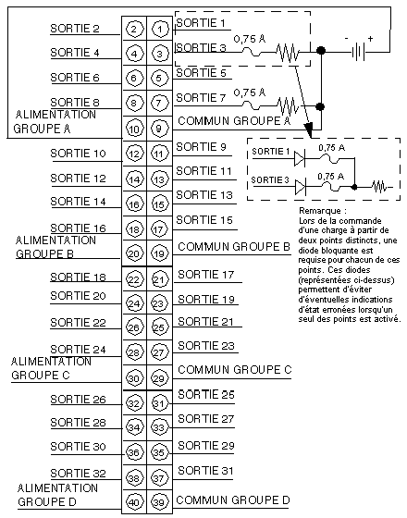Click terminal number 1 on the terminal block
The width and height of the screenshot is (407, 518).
coord(159,29)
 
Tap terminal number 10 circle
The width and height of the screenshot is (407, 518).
coord(134,129)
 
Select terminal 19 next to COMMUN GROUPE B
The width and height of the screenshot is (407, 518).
coord(159,253)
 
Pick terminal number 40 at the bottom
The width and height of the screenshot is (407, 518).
coord(134,502)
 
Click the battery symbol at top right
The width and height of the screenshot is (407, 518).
coord(359,52)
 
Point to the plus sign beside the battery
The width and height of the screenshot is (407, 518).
coord(370,39)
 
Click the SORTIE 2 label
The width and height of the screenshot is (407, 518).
coord(75,29)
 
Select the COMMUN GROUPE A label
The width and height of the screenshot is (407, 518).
coord(234,121)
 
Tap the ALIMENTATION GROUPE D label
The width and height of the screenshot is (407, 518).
coord(57,495)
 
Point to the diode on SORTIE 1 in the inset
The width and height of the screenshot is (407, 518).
coord(300,158)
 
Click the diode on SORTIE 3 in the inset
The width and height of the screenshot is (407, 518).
coord(301,187)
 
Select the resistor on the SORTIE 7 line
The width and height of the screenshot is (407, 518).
coord(288,106)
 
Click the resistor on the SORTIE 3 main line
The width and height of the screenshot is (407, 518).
coord(288,52)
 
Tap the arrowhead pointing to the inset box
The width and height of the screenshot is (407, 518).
coord(309,130)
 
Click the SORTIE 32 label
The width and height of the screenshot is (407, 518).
coord(78,474)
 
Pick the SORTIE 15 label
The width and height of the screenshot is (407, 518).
coord(204,220)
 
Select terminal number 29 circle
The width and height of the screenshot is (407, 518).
coord(159,378)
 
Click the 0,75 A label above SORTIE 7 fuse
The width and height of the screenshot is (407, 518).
coord(250,92)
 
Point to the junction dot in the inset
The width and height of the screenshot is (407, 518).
coord(354,187)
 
